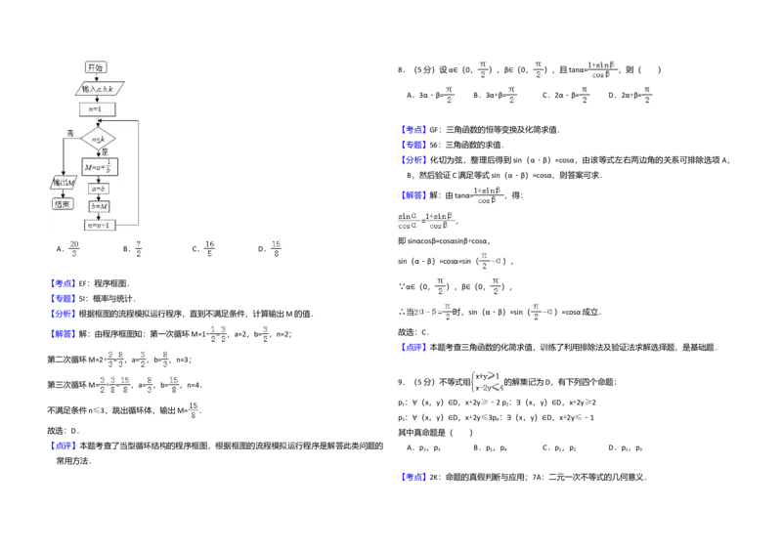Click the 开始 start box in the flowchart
click(x=95, y=67)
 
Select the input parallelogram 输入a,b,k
click(x=100, y=89)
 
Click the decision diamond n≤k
click(x=98, y=140)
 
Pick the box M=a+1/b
click(x=100, y=167)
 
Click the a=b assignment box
click(x=99, y=189)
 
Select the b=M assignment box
click(x=99, y=206)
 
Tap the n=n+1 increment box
click(x=100, y=225)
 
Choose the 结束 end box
click(x=63, y=203)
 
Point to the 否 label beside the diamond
click(x=70, y=132)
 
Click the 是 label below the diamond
click(x=105, y=152)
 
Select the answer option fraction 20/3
click(x=73, y=246)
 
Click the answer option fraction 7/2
click(x=139, y=246)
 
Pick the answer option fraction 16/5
click(x=209, y=246)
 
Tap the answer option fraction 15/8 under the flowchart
click(x=276, y=246)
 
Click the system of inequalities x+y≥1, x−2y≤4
click(x=488, y=382)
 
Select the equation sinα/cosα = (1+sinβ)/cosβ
click(x=426, y=222)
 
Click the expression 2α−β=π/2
click(x=431, y=313)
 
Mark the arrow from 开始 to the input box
click(x=95, y=77)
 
